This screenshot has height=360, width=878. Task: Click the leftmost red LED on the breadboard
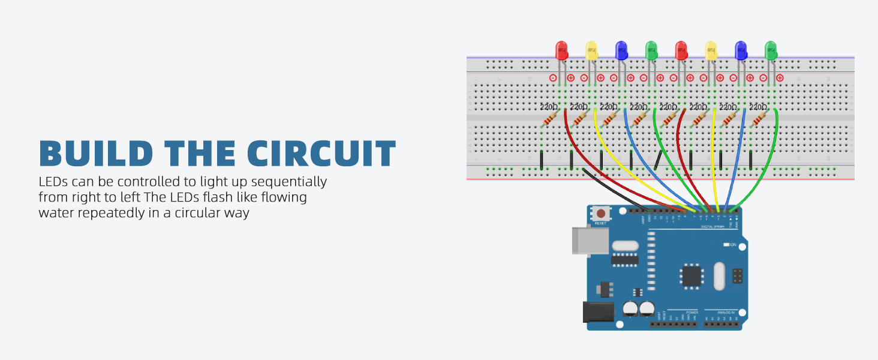click(561, 51)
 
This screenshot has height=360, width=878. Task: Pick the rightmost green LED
click(771, 51)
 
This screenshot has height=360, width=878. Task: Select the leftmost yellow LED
click(591, 51)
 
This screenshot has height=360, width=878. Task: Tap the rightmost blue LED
click(741, 51)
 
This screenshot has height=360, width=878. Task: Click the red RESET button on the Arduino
click(600, 214)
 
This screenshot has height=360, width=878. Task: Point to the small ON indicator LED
click(726, 245)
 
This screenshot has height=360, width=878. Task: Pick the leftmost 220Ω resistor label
click(549, 107)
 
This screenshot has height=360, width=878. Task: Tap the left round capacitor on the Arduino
click(629, 308)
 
